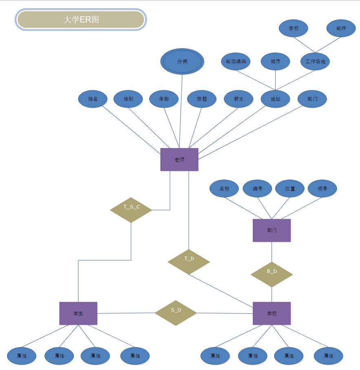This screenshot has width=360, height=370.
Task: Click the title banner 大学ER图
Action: click(x=81, y=20)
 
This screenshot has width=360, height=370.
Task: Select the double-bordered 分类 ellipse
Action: click(x=182, y=62)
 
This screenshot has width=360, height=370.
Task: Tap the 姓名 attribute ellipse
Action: click(x=93, y=99)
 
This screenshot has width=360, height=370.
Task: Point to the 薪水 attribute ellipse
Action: click(x=239, y=99)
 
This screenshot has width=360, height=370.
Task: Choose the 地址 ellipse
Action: click(x=276, y=99)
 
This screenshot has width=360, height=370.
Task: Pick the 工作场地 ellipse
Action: click(x=315, y=62)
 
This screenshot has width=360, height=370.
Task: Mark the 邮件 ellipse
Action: click(x=341, y=29)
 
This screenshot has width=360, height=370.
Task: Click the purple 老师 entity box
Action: click(x=179, y=160)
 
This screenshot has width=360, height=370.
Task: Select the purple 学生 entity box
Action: click(x=78, y=313)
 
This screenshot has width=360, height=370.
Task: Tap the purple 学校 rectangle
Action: click(x=272, y=313)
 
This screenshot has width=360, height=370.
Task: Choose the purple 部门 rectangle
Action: click(x=272, y=230)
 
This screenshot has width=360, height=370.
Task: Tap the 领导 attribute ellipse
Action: click(x=322, y=189)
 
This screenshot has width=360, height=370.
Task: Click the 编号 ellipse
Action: click(x=257, y=189)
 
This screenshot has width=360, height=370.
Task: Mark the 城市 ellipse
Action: click(x=276, y=62)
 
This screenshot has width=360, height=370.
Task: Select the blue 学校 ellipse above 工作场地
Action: click(x=294, y=29)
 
